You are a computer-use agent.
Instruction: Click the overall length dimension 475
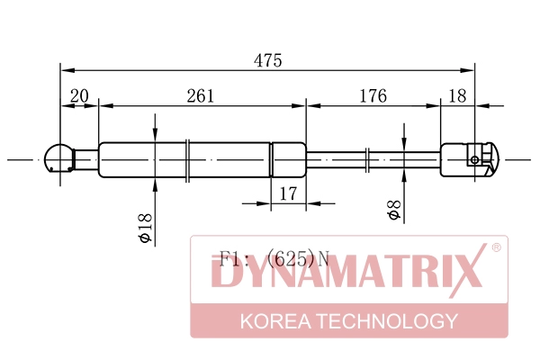click(x=268, y=60)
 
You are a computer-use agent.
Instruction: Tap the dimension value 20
click(x=79, y=96)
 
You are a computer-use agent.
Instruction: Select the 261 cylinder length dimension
click(x=201, y=96)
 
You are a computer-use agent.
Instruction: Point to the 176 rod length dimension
click(x=373, y=96)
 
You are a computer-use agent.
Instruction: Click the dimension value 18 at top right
click(x=458, y=96)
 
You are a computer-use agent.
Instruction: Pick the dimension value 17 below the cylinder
click(x=288, y=194)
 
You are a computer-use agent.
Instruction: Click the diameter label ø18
click(x=145, y=228)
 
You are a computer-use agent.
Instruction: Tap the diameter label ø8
click(x=394, y=210)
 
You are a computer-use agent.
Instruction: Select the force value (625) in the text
click(x=291, y=259)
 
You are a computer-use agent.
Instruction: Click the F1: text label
click(x=234, y=259)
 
